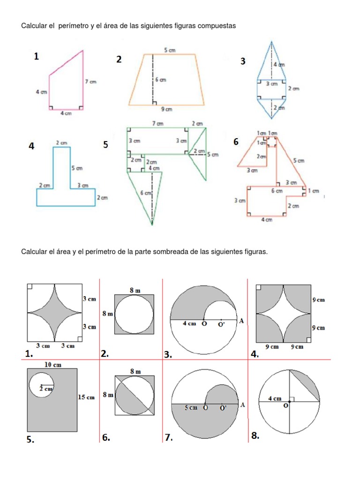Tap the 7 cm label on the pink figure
point(90,82)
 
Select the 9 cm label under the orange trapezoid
point(167,109)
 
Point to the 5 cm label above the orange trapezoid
point(169,50)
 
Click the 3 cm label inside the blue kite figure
point(271,84)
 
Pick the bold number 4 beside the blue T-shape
point(31,146)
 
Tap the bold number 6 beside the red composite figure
point(236,142)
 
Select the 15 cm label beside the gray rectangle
point(86,397)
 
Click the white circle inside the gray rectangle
point(41,385)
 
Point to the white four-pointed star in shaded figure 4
point(283,313)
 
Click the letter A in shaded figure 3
point(241,321)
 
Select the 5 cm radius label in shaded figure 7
point(191,408)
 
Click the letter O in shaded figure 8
point(285,406)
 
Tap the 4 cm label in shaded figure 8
point(275,398)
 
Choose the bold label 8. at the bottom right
point(255,436)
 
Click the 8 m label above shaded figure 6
point(135,371)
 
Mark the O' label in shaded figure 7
point(223,408)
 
